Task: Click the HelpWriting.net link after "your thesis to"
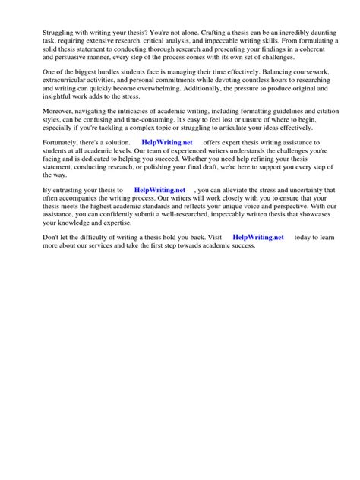(x=159, y=191)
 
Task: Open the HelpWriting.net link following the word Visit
(x=258, y=237)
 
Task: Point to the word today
(x=305, y=237)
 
